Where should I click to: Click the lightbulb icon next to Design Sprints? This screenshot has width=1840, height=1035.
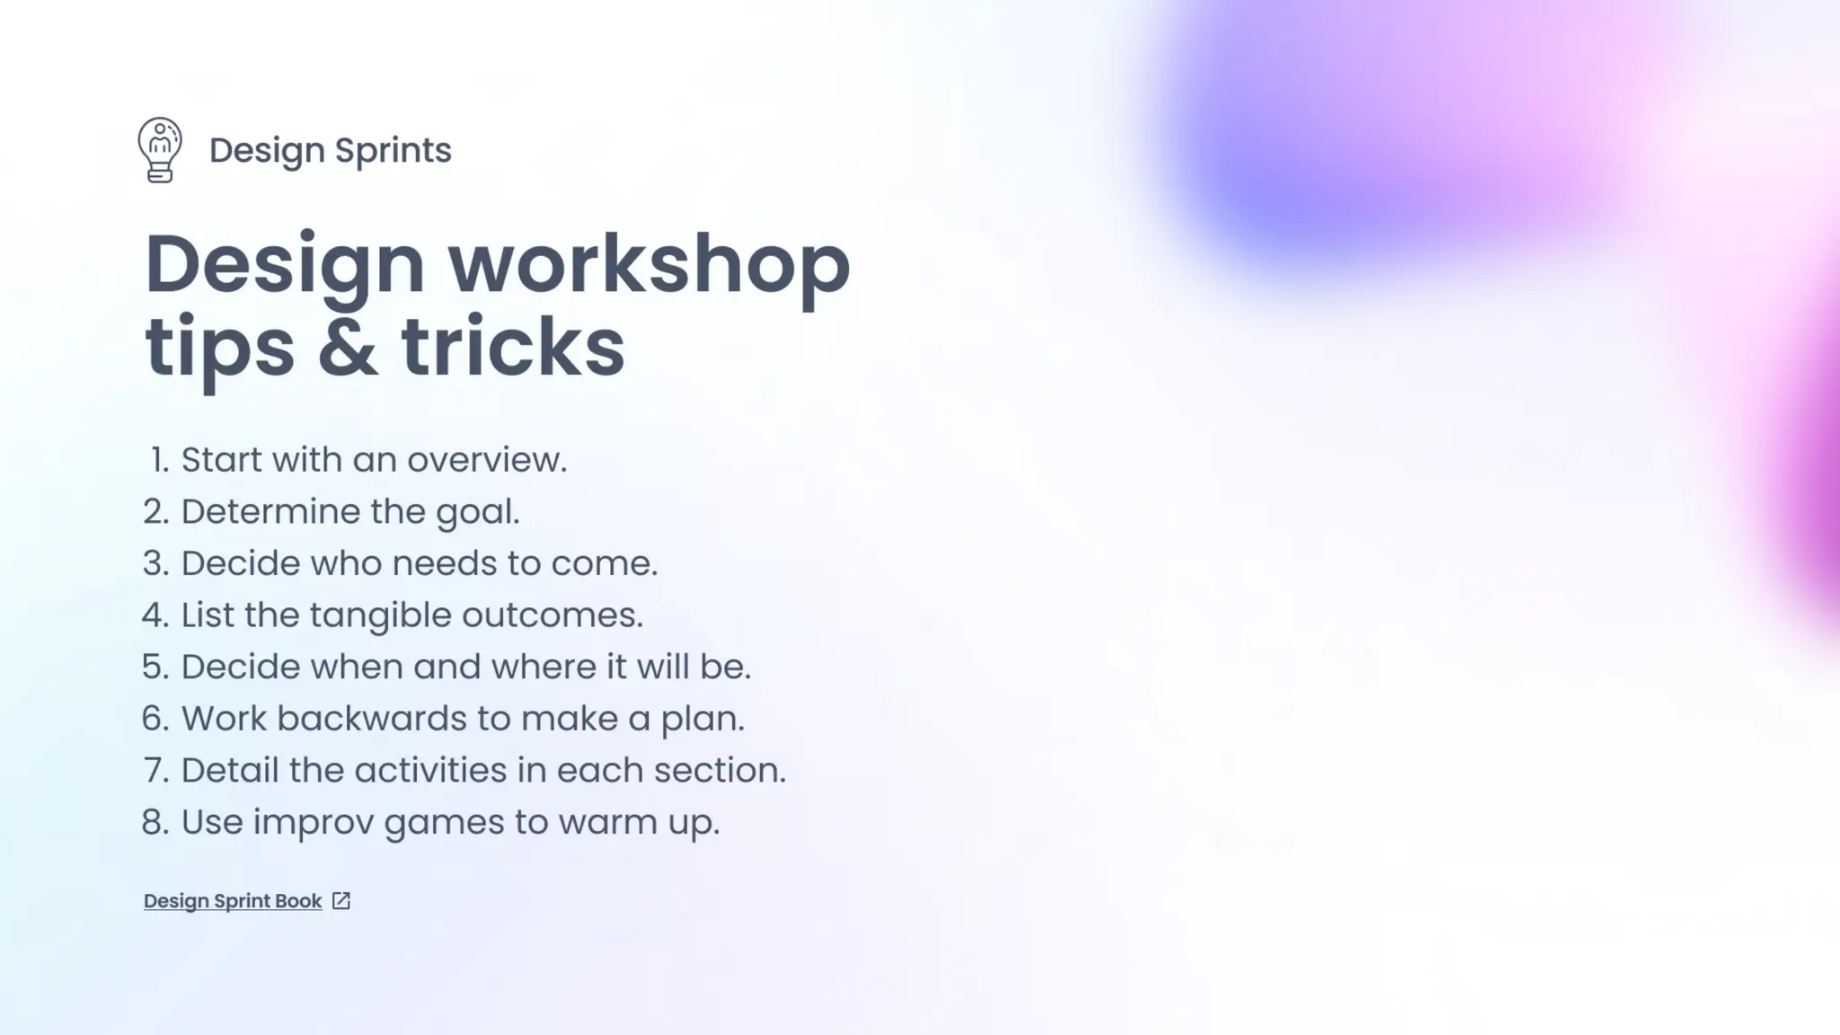click(160, 150)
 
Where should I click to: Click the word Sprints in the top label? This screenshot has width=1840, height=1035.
click(393, 151)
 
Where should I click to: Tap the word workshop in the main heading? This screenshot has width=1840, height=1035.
click(649, 265)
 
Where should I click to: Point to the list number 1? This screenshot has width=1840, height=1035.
click(159, 460)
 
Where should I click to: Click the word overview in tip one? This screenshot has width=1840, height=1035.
click(487, 460)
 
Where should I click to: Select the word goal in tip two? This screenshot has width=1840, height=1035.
click(477, 512)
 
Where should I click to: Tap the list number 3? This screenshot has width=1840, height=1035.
click(155, 564)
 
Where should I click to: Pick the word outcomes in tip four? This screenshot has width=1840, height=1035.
click(552, 616)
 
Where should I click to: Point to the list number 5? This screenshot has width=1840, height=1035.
click(155, 668)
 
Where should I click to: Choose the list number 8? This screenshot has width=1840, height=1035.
click(155, 823)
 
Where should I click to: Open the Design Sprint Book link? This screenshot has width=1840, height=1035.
click(233, 901)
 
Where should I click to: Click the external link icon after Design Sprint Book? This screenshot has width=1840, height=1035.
click(341, 901)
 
